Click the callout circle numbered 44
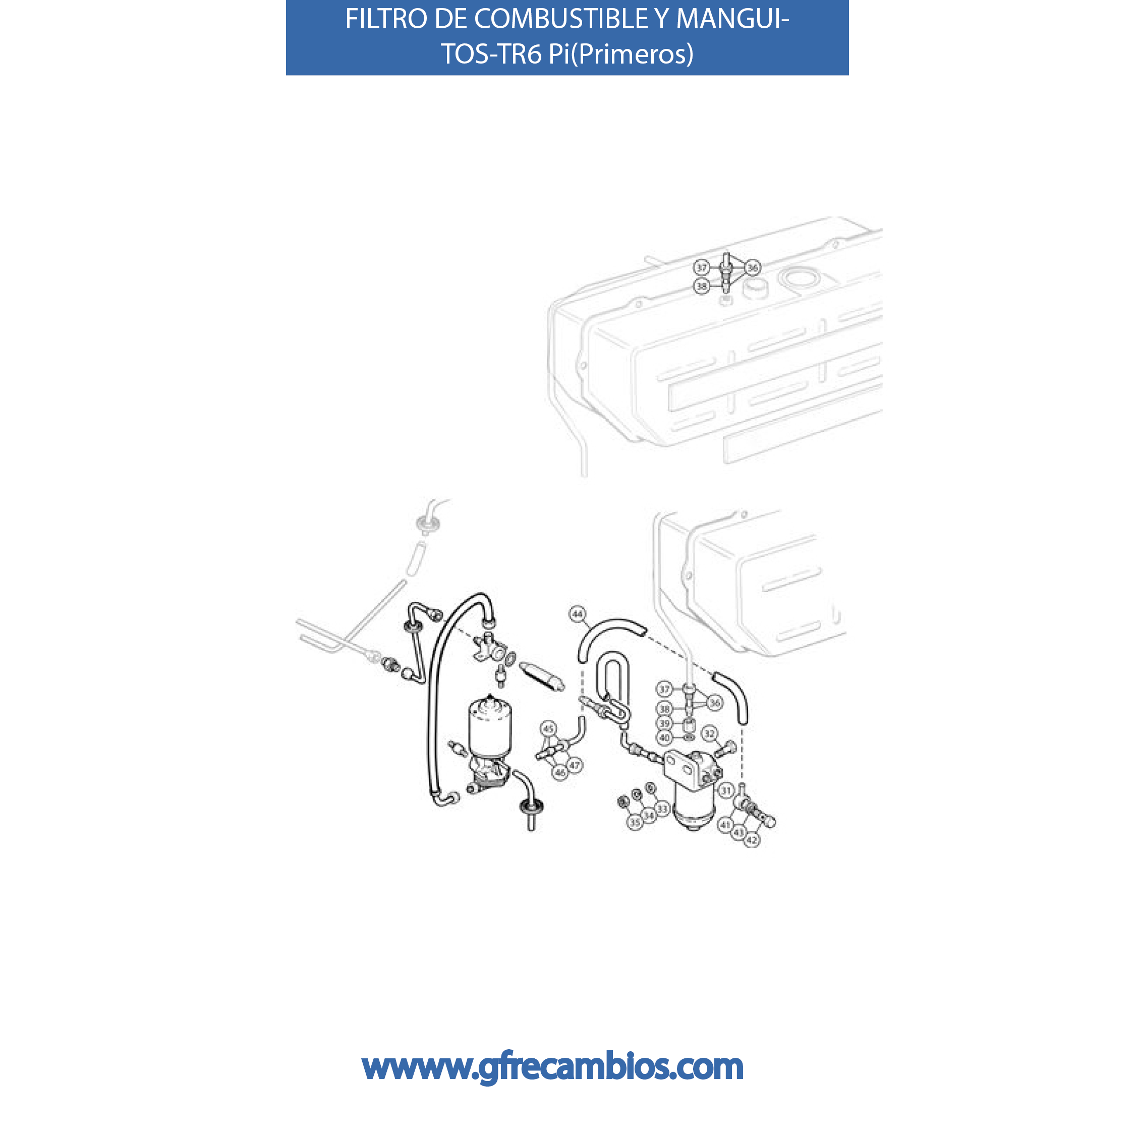tap(578, 614)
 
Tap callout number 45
tap(548, 729)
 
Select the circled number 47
tap(575, 765)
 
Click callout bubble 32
tap(710, 733)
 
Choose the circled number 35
tap(635, 822)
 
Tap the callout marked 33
tap(663, 810)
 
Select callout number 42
tap(752, 840)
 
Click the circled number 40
tap(664, 738)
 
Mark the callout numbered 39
tap(664, 724)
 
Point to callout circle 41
tap(725, 825)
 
